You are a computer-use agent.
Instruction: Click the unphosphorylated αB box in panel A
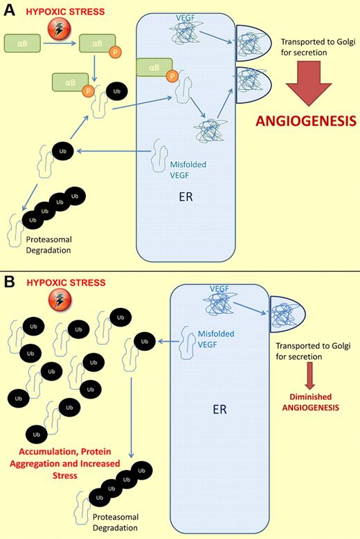coord(24,46)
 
